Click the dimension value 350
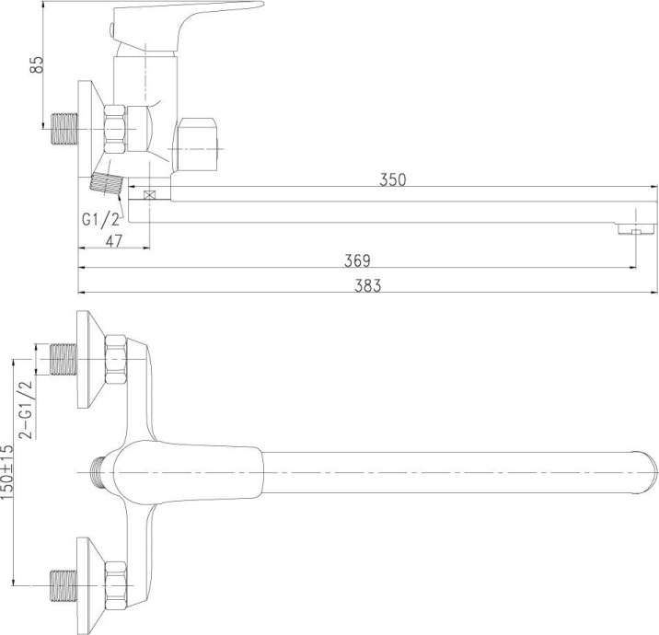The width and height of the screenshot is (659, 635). click(393, 179)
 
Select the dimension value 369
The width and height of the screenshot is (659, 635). click(357, 260)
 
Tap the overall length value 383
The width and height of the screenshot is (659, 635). click(367, 286)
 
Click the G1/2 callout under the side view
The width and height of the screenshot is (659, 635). click(100, 219)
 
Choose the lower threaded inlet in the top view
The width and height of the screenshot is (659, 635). click(62, 583)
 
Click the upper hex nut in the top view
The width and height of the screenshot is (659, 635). click(118, 360)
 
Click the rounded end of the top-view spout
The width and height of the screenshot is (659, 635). click(647, 472)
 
